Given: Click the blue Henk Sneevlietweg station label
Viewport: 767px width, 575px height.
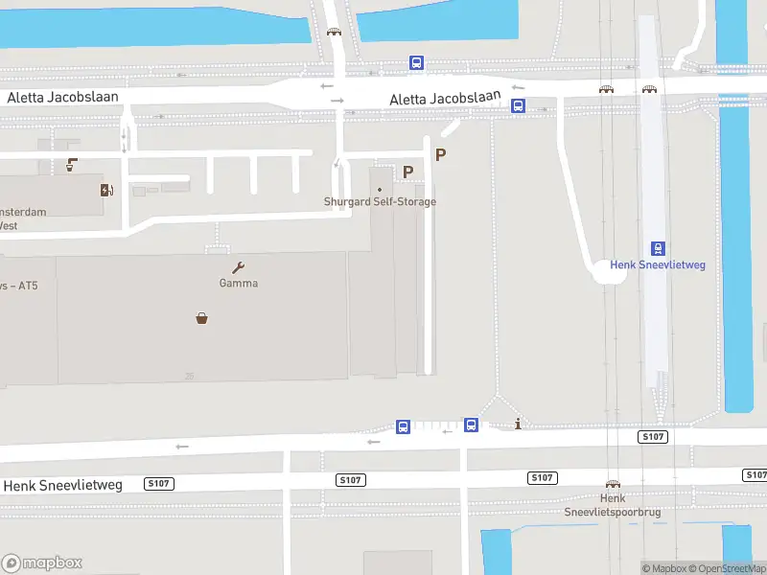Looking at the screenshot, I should (658, 265).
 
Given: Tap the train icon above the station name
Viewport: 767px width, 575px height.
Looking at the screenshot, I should (658, 248).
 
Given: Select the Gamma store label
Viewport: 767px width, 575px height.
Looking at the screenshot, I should (238, 284).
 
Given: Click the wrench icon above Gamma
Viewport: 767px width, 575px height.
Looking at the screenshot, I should (238, 267).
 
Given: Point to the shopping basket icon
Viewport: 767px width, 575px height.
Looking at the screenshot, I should (203, 318).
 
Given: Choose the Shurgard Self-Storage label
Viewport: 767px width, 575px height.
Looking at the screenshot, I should (380, 202).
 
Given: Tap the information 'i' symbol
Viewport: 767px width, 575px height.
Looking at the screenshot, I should (518, 424).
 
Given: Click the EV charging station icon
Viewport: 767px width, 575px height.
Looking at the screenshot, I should (105, 189).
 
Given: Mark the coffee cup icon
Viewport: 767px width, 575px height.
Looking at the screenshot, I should (71, 165).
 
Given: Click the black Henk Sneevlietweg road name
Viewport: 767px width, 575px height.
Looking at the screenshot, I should (63, 486).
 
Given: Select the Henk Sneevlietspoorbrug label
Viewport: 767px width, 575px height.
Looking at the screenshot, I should (612, 505).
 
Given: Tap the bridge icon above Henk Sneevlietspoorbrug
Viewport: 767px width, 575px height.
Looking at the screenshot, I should (612, 485).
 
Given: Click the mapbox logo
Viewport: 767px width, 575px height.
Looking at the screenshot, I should (42, 563).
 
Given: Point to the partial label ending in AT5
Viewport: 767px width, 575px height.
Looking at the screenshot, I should (14, 285).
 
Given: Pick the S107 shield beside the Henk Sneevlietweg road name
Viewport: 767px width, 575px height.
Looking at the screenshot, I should (159, 484).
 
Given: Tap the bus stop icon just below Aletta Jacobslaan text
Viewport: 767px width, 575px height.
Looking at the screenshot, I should (518, 106).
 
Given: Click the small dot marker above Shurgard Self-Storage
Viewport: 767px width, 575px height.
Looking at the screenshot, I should (380, 189).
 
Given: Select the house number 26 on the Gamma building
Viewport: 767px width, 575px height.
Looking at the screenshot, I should (191, 377).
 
